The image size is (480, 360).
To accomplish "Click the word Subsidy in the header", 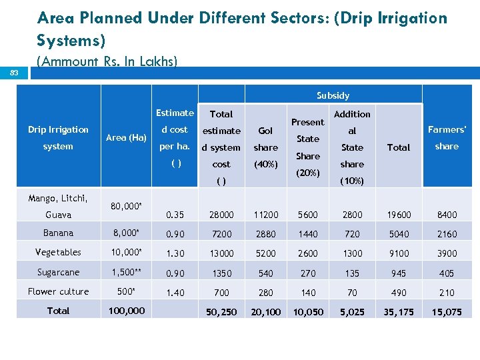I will [333, 95].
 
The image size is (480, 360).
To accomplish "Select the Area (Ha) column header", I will [126, 137].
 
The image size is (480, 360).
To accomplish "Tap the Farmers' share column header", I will [447, 138].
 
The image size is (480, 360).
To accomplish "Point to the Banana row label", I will [58, 233].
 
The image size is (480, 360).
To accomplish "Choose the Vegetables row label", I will [58, 253].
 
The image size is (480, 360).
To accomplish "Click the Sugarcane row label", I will [58, 273].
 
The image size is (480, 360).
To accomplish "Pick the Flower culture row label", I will [58, 292].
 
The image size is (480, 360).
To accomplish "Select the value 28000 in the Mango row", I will [221, 215].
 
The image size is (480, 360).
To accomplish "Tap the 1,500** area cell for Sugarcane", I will [126, 273].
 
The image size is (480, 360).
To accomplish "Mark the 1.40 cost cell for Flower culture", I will [175, 292].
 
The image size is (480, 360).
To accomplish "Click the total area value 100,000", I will [126, 311].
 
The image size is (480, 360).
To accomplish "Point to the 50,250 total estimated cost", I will [221, 312].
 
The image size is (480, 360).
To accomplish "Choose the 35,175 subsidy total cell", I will [398, 312].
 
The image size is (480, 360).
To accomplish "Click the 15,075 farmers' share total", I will [447, 312].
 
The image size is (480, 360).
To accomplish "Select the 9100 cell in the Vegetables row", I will [398, 253].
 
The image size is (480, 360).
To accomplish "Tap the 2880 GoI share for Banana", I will [265, 234].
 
